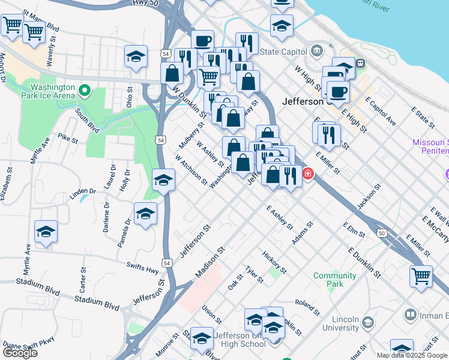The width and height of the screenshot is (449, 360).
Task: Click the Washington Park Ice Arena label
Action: [48, 91]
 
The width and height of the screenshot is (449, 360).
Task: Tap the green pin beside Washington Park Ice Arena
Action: [85, 91]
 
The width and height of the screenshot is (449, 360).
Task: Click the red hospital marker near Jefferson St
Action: [309, 174]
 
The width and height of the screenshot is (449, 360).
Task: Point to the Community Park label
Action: [334, 280]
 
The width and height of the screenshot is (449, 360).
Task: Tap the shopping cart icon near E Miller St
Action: [421, 276]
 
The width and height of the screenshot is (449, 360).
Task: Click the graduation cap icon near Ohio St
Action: [136, 58]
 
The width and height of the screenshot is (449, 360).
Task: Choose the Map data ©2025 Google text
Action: [412, 355]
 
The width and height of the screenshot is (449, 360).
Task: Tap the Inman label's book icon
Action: [411, 314]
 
